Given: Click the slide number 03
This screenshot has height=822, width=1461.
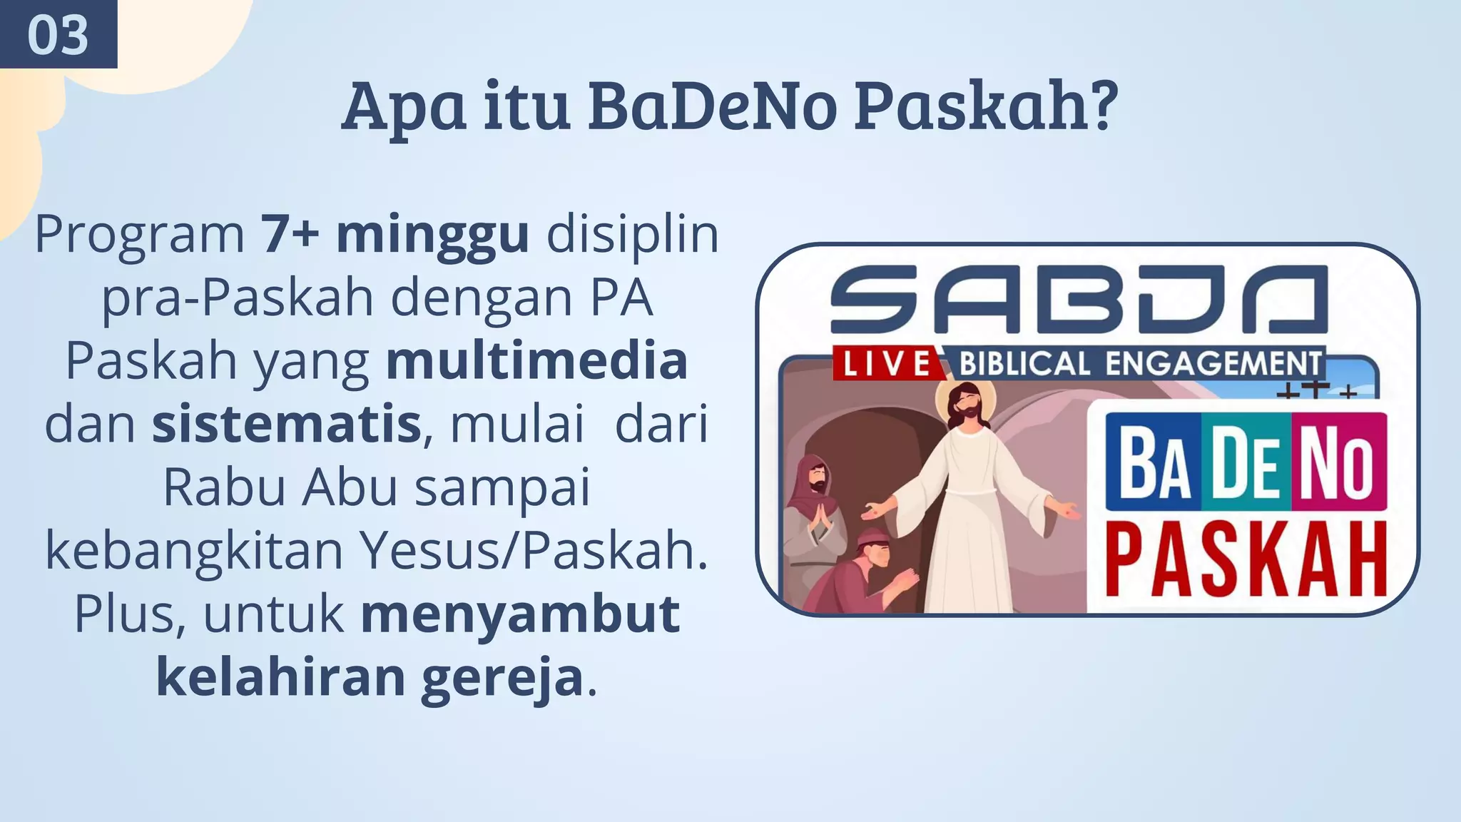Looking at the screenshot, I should [x=58, y=35].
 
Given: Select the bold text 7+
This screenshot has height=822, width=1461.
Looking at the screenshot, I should [x=289, y=233].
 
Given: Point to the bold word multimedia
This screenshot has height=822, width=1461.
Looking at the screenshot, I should [x=536, y=361].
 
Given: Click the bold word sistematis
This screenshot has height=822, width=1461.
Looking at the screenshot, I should [x=286, y=424].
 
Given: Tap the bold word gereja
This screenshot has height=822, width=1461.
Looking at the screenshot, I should [x=502, y=677].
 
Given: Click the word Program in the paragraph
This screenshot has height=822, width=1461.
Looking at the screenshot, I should [x=140, y=233].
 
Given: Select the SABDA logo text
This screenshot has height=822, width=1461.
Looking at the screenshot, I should [x=1079, y=300].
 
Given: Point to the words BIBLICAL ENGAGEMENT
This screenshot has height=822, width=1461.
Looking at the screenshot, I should [x=1139, y=364].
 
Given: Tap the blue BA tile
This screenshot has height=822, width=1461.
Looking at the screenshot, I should [x=1154, y=464].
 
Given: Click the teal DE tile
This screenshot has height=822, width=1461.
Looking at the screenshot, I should [x=1246, y=464].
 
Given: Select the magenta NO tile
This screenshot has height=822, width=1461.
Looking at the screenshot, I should [x=1338, y=464].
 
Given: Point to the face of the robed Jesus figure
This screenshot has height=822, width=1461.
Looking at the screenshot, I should [x=967, y=407].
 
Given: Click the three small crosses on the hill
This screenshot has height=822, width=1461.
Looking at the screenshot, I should [x=1316, y=390].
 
